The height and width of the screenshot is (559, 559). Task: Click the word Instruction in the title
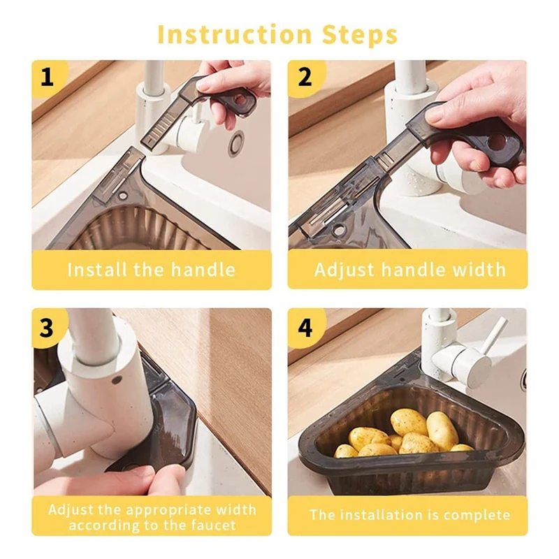(235, 34)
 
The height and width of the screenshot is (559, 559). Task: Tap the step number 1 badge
(48, 76)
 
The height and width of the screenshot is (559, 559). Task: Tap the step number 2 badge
(305, 76)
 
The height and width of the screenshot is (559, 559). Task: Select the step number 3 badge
(47, 327)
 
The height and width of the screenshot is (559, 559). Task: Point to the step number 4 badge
(305, 327)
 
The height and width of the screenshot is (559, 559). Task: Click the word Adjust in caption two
(344, 270)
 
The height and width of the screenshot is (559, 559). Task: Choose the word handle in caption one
(203, 270)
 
